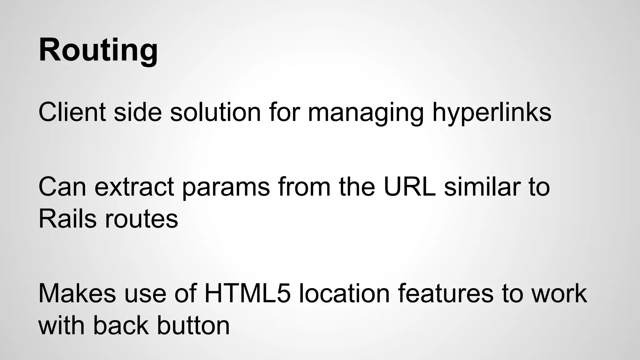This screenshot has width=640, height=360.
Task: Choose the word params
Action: pyautogui.click(x=226, y=187)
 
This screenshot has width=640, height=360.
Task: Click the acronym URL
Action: pyautogui.click(x=410, y=187)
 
